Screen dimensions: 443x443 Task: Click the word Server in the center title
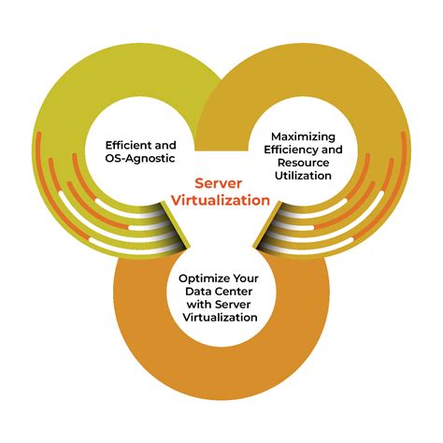point(221,184)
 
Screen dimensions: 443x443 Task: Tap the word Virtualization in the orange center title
point(221,199)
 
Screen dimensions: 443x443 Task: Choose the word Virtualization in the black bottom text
point(221,318)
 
